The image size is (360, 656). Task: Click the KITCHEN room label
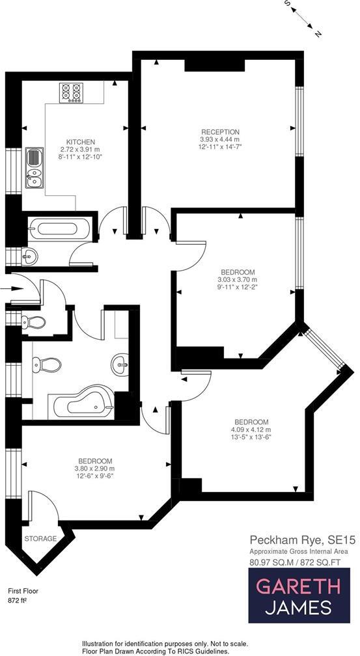81,142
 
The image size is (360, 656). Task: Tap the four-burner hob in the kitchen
70,92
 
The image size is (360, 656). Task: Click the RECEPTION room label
220,131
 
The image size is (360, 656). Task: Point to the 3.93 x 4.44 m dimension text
220,139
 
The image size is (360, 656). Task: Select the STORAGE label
40,539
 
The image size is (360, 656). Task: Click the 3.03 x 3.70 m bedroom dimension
238,280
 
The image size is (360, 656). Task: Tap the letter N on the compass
316,33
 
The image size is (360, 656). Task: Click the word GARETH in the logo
298,586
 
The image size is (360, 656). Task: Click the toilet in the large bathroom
46,366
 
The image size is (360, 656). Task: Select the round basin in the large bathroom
120,362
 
